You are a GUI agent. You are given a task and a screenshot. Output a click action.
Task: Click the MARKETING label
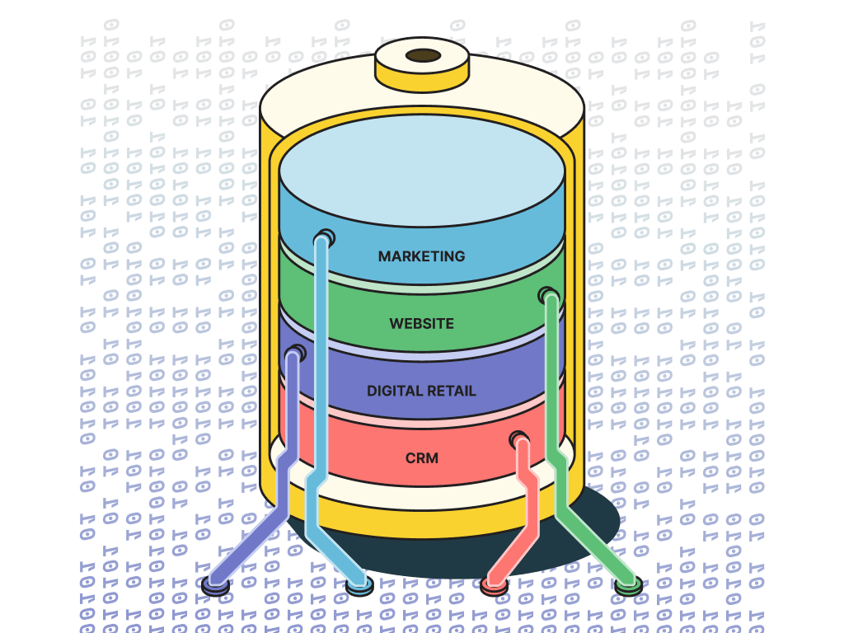(421, 256)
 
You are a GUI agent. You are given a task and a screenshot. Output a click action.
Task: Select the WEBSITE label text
(421, 324)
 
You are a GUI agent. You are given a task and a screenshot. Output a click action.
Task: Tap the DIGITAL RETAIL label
(421, 391)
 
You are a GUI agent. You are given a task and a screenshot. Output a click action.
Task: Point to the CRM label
(421, 457)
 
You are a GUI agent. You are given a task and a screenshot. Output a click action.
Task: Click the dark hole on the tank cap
(424, 55)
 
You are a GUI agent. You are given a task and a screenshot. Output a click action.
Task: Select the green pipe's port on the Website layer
(547, 295)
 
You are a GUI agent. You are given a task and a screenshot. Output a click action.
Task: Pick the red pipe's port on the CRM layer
(518, 439)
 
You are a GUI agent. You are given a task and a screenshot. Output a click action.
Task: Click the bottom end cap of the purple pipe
(215, 584)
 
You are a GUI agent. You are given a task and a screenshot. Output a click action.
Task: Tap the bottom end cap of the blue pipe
(359, 586)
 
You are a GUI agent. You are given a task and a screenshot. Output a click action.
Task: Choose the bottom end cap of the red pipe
(494, 586)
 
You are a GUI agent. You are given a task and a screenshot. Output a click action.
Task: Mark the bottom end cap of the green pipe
(628, 585)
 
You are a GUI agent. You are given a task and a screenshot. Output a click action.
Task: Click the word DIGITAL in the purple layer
(393, 391)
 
